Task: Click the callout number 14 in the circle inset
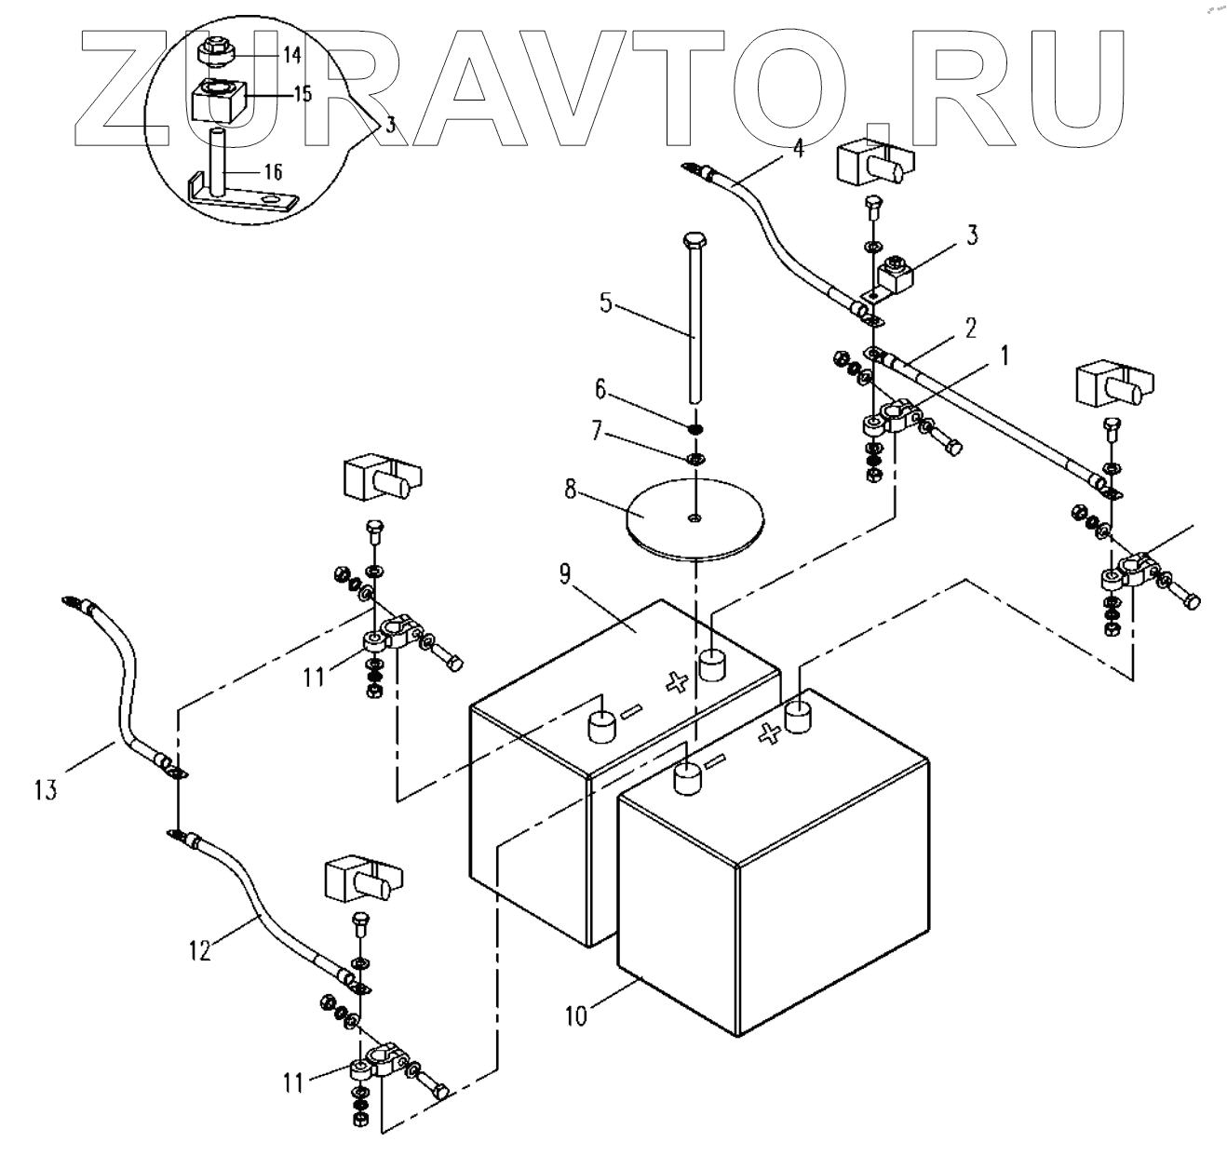291,55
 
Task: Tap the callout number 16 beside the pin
272,172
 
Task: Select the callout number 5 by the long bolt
606,303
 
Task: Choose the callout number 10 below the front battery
576,1014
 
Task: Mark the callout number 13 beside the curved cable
46,790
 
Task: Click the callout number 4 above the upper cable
797,146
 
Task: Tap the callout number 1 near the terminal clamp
1004,356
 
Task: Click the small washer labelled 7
694,460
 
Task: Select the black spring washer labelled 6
694,429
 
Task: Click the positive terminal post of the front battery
799,717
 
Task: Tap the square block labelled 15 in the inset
216,101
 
